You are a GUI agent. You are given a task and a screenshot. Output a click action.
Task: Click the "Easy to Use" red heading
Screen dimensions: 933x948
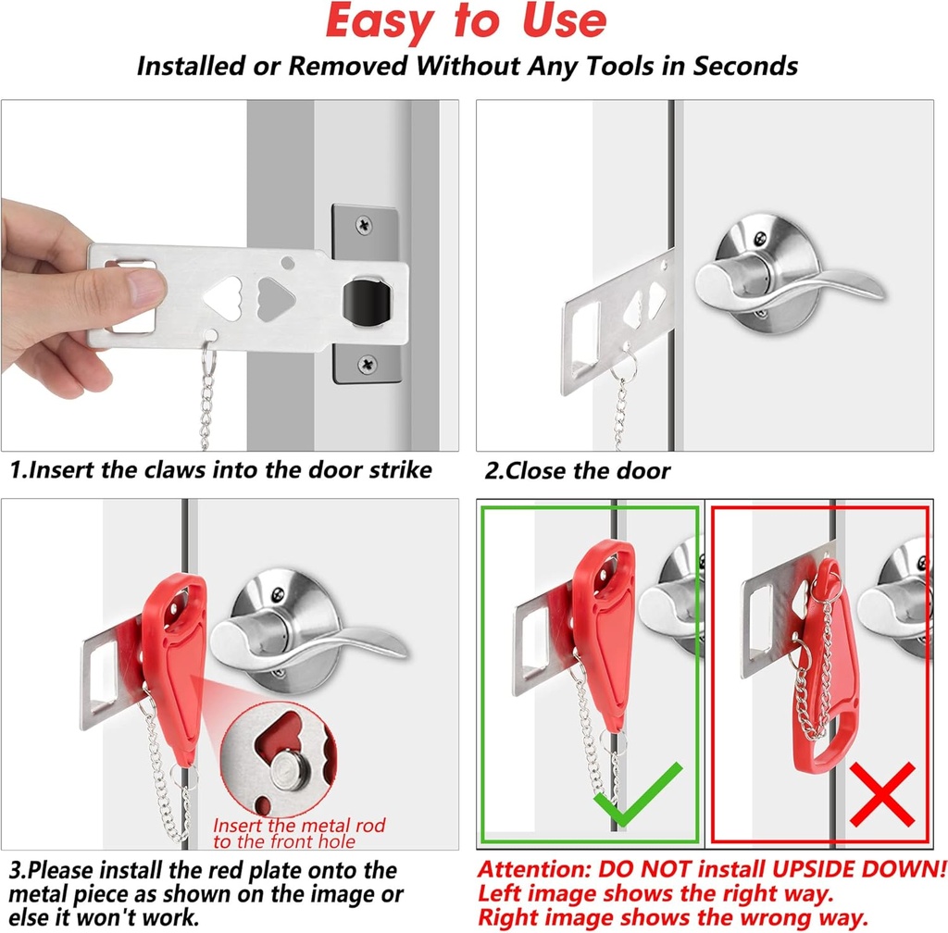coord(467,22)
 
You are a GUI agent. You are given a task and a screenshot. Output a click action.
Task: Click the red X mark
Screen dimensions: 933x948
coord(880,794)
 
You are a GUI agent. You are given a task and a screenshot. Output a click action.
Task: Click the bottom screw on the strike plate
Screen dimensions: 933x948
coord(368,365)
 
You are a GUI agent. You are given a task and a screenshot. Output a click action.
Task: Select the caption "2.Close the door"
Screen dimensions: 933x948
coord(578,470)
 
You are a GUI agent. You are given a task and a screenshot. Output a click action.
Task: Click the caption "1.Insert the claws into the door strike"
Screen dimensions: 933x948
coord(221,469)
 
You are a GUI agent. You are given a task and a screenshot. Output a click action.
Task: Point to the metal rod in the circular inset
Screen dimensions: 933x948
coord(295,766)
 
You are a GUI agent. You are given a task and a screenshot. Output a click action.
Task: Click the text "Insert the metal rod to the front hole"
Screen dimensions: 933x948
coord(299,833)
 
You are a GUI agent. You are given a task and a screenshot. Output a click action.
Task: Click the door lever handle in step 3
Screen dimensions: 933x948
coord(306,639)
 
